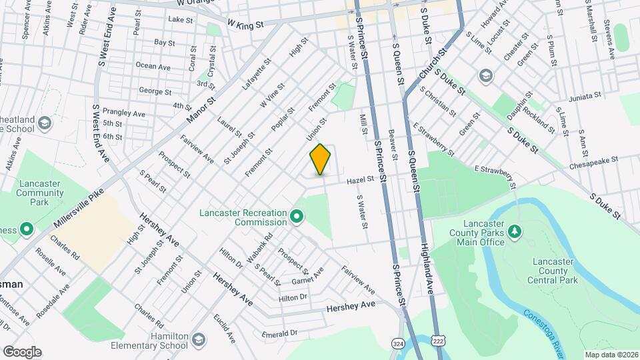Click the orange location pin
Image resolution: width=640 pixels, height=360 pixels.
coord(321,159)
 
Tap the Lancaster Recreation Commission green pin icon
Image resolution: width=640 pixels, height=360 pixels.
coord(297,216)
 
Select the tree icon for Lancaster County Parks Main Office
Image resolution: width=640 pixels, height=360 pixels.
coord(514,231)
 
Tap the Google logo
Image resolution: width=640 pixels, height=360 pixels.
coord(22,351)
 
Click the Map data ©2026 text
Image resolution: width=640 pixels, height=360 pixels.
coord(611,355)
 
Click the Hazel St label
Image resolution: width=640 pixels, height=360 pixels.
coord(359,180)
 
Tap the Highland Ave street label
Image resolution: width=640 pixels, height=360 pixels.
coord(427,267)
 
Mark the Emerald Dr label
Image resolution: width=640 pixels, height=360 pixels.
coord(279,333)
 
